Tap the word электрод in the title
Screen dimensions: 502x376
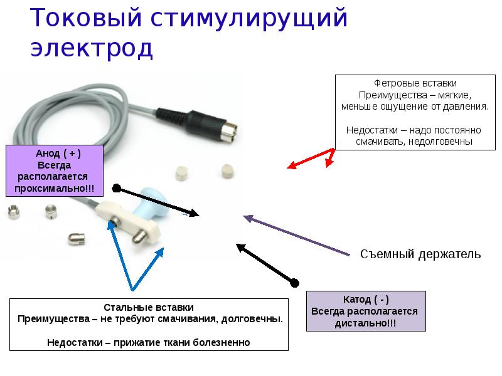pyautogui.click(x=92, y=49)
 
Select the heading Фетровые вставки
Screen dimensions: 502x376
pyautogui.click(x=415, y=83)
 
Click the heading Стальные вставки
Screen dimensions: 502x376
pyautogui.click(x=149, y=308)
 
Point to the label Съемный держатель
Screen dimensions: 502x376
pyautogui.click(x=420, y=254)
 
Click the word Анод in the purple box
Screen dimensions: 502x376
pyautogui.click(x=48, y=154)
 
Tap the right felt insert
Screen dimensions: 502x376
pyautogui.click(x=227, y=171)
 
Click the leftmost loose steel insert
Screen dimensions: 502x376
pyautogui.click(x=13, y=213)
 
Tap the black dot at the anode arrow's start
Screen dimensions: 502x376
pyautogui.click(x=116, y=188)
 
